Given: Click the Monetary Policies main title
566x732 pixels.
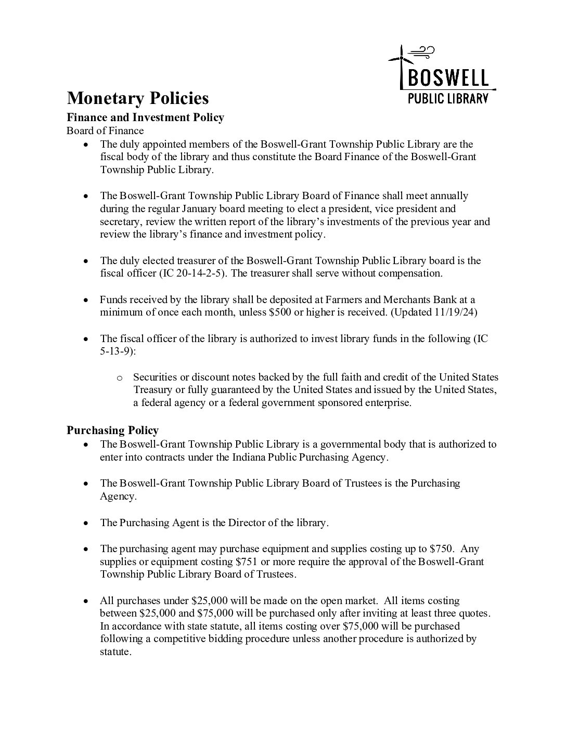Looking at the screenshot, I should [138, 98].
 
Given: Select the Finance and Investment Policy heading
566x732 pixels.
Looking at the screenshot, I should [145, 117].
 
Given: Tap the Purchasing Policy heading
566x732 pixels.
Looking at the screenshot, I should [113, 430].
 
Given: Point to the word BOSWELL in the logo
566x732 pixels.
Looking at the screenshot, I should [448, 78].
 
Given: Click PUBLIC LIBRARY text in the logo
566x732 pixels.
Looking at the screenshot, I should [448, 98].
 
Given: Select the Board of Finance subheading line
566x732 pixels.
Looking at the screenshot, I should [105, 130].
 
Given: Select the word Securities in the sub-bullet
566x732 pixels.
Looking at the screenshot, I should [156, 377].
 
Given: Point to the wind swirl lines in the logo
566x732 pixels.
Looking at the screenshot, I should [422, 51].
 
